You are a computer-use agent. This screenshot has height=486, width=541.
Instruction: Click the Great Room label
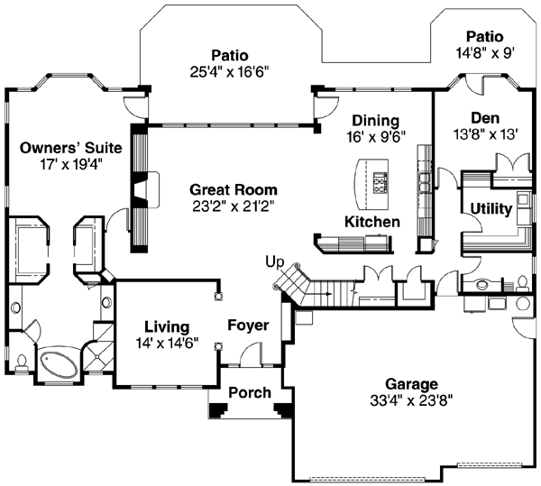(x=234, y=189)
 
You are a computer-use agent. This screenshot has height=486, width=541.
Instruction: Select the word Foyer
(x=248, y=324)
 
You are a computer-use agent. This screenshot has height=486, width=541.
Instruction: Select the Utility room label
(x=491, y=209)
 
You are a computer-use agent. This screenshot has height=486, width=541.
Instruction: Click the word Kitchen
(x=371, y=221)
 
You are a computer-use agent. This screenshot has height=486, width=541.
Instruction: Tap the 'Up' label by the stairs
(x=275, y=261)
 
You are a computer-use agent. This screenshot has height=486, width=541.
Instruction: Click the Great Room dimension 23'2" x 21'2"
(x=234, y=206)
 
